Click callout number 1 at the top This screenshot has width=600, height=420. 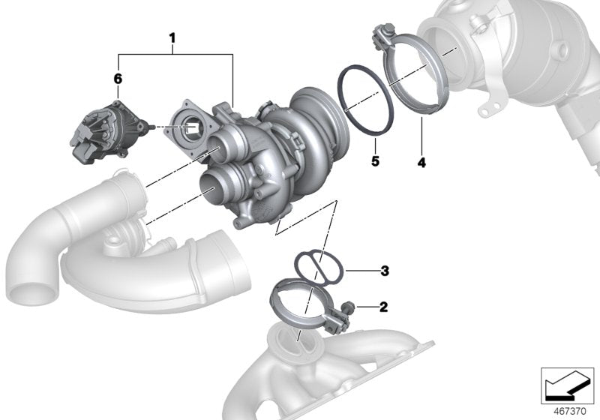tap(172, 37)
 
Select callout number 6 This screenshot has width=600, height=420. tap(118, 77)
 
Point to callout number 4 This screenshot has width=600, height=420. tap(421, 161)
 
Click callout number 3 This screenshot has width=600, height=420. tap(384, 270)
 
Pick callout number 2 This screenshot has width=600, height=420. tap(384, 307)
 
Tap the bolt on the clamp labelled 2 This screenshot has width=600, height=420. tap(348, 307)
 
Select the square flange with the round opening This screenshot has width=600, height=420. tap(190, 127)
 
